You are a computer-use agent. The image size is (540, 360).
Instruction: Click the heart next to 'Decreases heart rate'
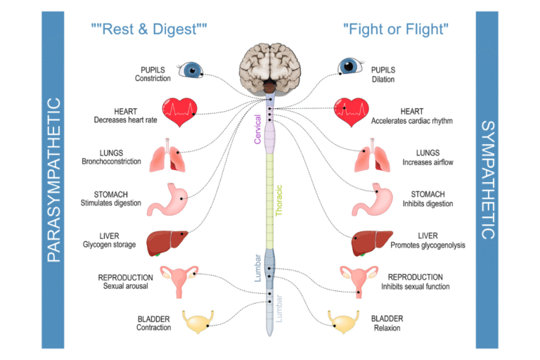[180, 110]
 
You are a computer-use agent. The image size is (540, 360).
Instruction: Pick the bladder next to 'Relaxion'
[345, 323]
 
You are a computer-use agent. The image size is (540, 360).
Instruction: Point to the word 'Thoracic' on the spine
[279, 200]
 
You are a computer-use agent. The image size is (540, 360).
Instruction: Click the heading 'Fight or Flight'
[396, 30]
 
